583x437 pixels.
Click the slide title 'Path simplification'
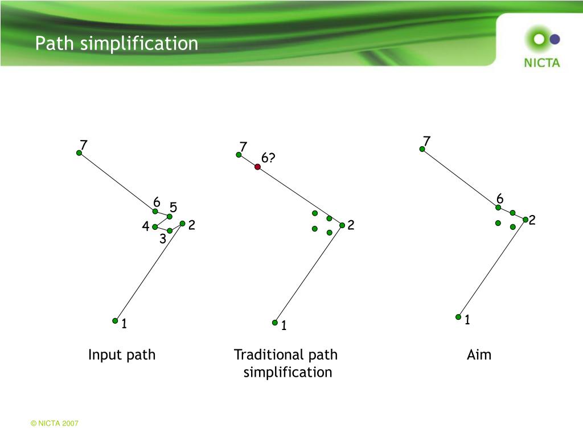[x=117, y=43]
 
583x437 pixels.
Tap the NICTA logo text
[x=541, y=63]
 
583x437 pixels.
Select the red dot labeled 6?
[x=257, y=167]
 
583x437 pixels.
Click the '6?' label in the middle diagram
[x=268, y=158]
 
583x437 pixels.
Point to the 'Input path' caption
[x=121, y=355]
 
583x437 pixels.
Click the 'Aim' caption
[x=479, y=355]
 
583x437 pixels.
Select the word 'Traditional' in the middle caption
[x=262, y=355]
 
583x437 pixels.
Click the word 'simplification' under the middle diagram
[x=288, y=373]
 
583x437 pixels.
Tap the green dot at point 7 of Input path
[x=79, y=152]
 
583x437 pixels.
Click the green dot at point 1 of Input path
[x=115, y=320]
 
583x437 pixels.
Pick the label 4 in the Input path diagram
[x=146, y=226]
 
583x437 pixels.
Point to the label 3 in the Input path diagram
[x=162, y=240]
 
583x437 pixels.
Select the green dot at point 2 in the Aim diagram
[x=525, y=219]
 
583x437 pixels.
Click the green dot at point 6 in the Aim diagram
[x=498, y=207]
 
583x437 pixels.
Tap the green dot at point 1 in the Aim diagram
[x=458, y=316]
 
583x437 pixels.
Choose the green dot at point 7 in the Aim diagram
[x=422, y=149]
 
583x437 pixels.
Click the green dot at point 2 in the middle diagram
[x=342, y=225]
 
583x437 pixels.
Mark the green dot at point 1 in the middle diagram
[x=275, y=322]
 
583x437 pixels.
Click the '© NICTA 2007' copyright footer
[x=55, y=424]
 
